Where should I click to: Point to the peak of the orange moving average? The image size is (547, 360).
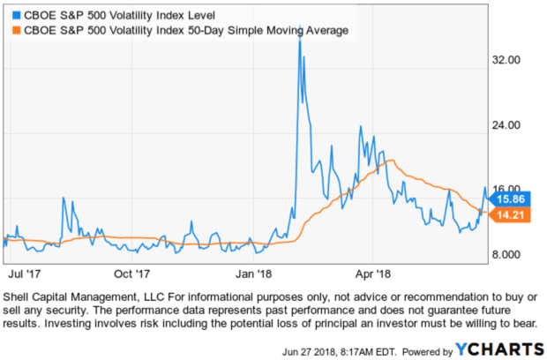point(389,161)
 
